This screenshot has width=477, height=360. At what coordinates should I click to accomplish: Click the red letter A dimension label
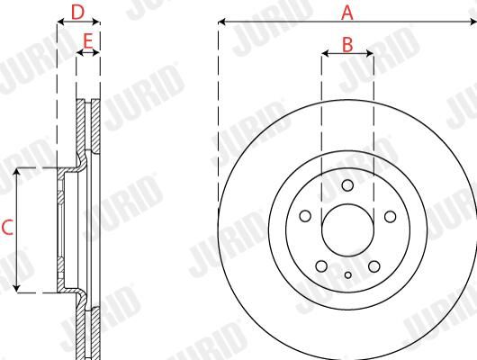347,13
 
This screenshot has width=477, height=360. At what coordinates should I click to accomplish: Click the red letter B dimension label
347,44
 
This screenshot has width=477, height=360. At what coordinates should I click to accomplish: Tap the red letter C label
7,228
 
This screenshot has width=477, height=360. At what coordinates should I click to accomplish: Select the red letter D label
77,13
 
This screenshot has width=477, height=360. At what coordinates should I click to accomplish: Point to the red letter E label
88,41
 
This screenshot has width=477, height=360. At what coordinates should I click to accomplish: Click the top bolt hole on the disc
347,185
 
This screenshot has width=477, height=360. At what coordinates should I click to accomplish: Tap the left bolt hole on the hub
305,216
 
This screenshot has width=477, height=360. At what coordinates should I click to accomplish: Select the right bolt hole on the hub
390,217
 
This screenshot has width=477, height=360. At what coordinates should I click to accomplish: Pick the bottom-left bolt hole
321,266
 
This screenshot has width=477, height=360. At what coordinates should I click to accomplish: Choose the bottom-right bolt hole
373,266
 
